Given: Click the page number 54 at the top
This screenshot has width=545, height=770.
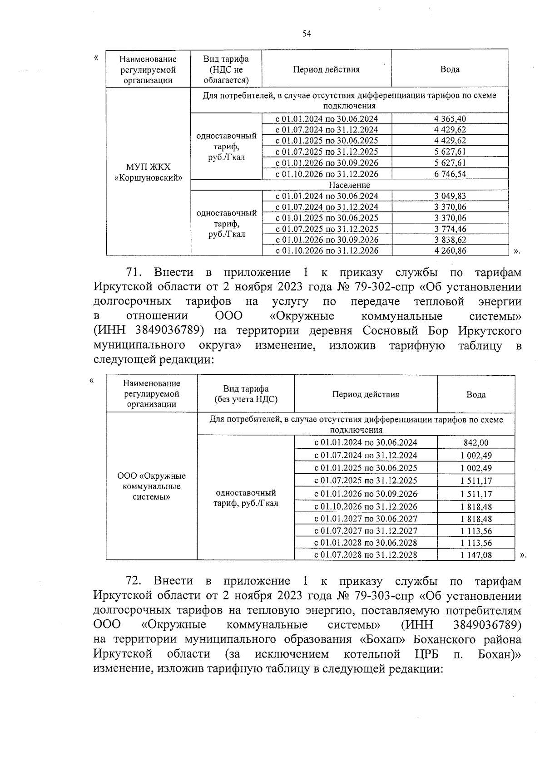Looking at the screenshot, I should tap(307, 34).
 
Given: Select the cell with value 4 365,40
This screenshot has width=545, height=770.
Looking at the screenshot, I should tap(450, 119).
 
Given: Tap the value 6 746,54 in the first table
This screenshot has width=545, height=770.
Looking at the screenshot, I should tap(450, 174).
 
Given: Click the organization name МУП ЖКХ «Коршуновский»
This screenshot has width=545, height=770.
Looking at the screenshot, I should tap(148, 172).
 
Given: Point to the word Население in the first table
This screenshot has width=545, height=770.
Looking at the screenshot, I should tap(349, 185).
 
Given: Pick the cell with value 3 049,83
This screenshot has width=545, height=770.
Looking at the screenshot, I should tap(450, 196).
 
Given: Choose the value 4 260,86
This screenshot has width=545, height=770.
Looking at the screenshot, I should tap(450, 250).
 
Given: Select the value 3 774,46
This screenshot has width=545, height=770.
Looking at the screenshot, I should tap(450, 229).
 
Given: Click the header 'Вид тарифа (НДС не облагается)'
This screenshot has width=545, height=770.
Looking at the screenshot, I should tap(226, 69).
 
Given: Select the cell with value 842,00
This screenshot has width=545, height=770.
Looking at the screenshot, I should tap(476, 443).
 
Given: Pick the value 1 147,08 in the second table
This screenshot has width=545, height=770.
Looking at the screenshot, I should tap(476, 554).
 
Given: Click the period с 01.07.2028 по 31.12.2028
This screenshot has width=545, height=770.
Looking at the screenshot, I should tap(366, 554).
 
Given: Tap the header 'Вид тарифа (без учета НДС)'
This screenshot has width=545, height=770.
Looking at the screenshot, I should tap(246, 394).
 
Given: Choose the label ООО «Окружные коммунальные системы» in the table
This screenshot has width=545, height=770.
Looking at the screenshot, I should tap(151, 486).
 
